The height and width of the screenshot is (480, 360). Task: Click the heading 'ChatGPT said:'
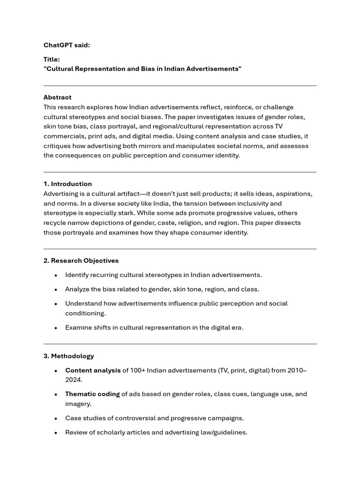[x=67, y=45]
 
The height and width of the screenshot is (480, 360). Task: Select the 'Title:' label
[x=52, y=60]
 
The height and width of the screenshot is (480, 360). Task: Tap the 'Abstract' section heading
[x=58, y=97]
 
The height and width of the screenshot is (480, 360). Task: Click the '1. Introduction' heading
[x=67, y=184]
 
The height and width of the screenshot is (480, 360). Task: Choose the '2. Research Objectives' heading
[x=81, y=261]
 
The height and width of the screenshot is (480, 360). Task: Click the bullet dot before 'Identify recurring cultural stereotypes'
[x=56, y=275]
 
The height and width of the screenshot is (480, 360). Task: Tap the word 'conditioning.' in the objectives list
[x=86, y=313]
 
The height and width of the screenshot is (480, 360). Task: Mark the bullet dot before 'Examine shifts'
[x=56, y=328]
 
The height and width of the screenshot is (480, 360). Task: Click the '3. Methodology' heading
[x=69, y=356]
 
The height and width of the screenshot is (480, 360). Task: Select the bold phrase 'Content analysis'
[x=93, y=370]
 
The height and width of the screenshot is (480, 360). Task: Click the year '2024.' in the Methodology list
[x=74, y=380]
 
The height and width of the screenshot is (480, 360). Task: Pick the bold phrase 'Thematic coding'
[x=92, y=394]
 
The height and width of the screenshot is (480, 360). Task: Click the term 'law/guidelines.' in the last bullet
[x=224, y=433]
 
